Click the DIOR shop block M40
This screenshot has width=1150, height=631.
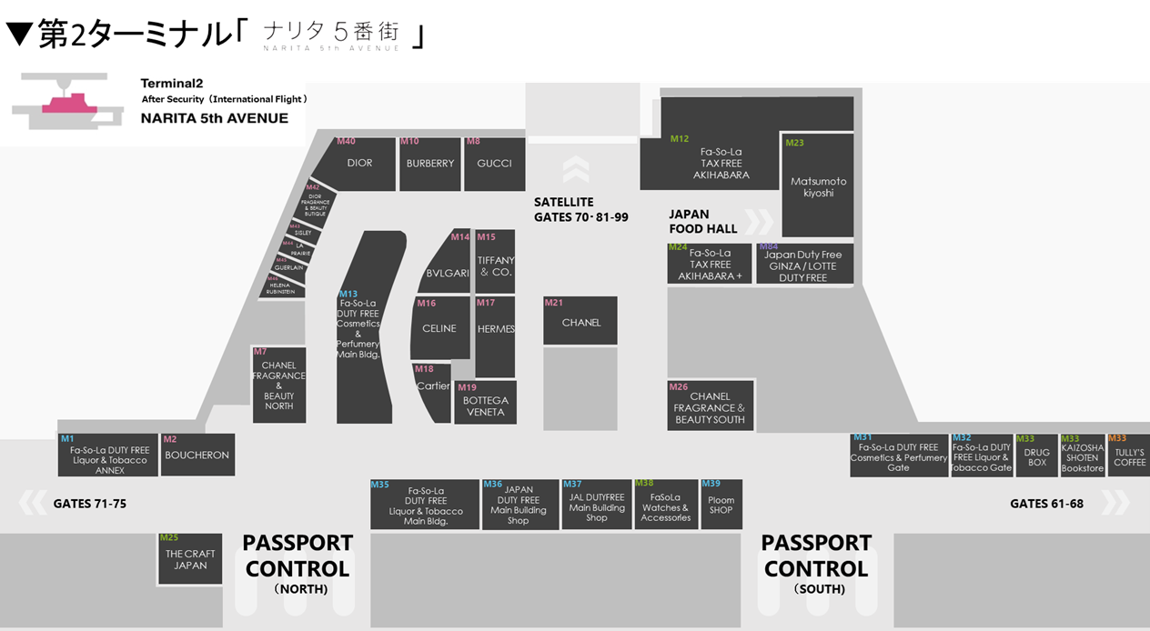click(360, 164)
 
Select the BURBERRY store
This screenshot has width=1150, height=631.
click(430, 164)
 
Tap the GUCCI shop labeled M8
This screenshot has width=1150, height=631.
click(494, 164)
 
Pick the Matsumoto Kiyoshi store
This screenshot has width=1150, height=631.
click(818, 186)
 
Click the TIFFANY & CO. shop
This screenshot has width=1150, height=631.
click(496, 265)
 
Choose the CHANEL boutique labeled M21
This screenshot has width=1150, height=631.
click(580, 322)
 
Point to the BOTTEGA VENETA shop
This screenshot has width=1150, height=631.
click(486, 406)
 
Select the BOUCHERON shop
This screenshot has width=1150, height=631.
click(197, 455)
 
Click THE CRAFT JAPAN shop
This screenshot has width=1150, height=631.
click(190, 559)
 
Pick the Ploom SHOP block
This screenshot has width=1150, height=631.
click(721, 505)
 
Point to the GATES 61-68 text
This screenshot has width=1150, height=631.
click(1046, 504)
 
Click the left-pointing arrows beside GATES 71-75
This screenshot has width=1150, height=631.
click(32, 502)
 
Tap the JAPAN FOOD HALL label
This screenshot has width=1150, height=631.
click(703, 222)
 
